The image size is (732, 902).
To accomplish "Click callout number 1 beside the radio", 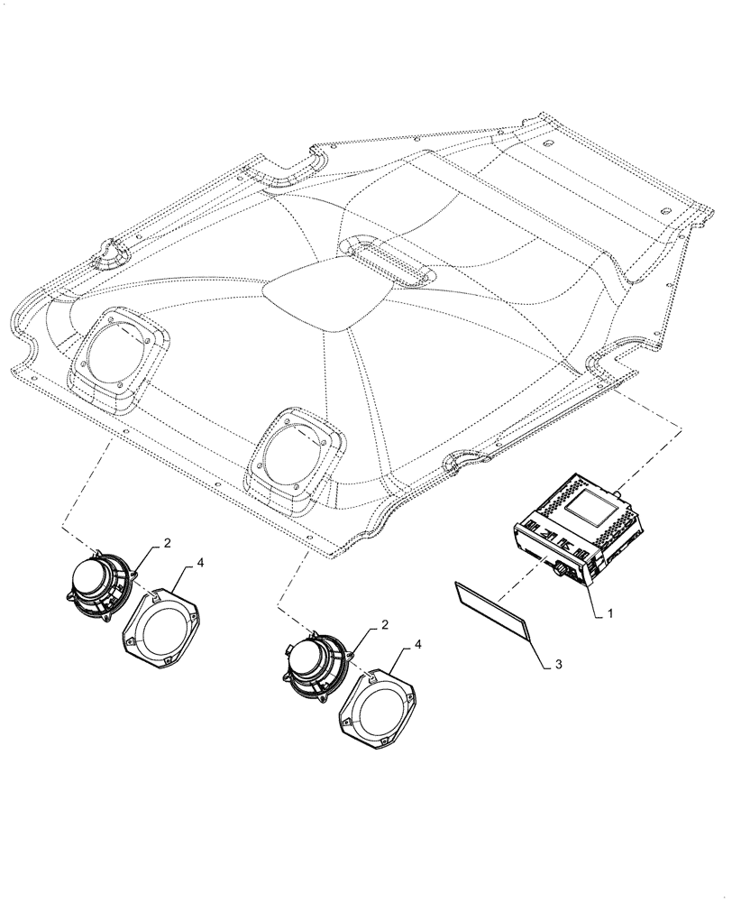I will pyautogui.click(x=610, y=612).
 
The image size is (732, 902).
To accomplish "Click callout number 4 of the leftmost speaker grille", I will pyautogui.click(x=200, y=563).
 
